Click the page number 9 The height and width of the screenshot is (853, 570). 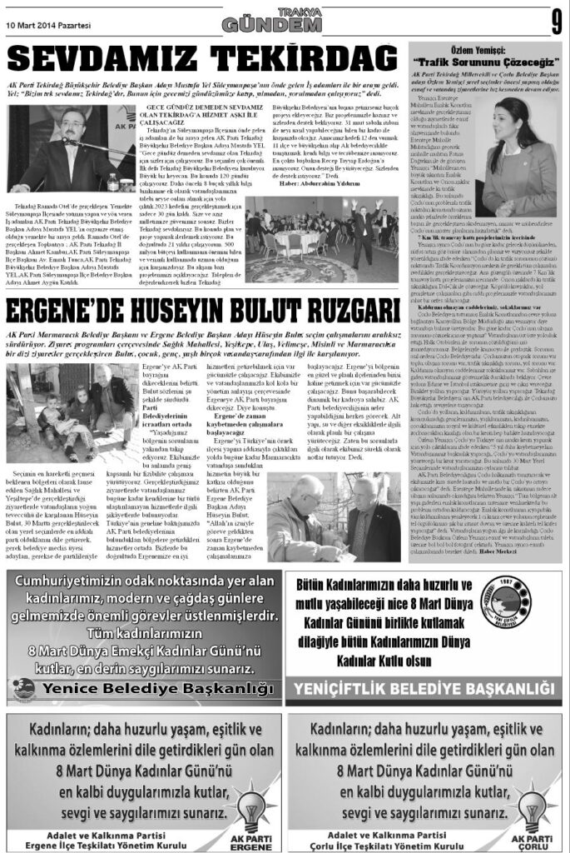pos(555,22)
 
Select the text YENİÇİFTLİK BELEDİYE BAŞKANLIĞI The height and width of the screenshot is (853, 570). pos(424,687)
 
